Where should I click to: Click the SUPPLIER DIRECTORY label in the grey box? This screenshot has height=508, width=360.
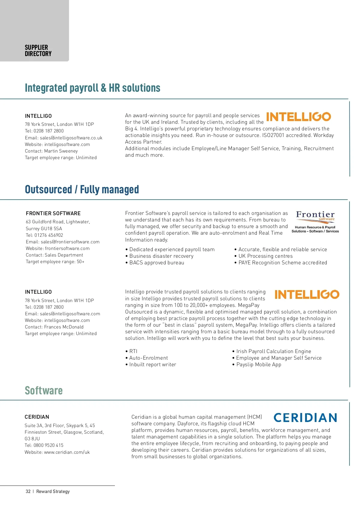38,51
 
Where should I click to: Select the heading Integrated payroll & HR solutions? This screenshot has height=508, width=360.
92,88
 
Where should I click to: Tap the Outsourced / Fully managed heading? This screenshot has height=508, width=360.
82,189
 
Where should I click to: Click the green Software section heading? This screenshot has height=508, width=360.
44,391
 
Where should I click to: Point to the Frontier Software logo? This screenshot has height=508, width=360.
315,222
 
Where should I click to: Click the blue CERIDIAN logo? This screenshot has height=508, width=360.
305,417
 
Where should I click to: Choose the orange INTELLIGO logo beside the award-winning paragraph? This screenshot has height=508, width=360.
298,117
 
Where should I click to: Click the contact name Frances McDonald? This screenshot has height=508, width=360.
64,327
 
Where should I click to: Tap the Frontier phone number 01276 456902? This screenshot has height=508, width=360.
49,235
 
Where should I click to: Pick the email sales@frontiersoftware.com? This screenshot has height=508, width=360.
70,242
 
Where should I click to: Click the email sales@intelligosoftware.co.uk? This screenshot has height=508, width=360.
71,138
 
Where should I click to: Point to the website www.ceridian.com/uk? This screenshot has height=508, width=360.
67,452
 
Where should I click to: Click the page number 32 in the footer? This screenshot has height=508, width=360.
28,492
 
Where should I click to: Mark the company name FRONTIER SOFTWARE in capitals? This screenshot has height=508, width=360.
53,213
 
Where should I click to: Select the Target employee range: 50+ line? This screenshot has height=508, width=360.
55,262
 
